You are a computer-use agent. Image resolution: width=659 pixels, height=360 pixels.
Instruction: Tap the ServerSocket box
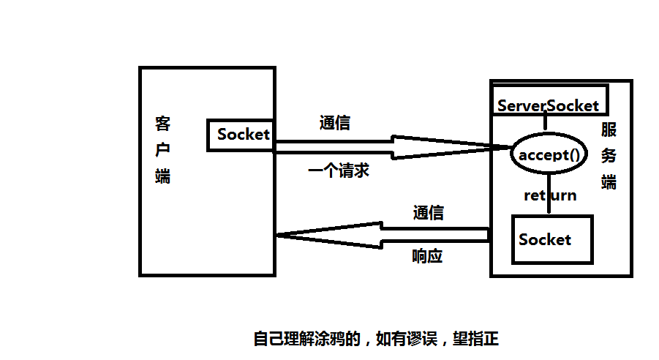point(549,105)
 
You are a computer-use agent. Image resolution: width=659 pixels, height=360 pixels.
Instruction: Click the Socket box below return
point(552,239)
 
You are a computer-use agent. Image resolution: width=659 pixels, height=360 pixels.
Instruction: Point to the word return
point(550,195)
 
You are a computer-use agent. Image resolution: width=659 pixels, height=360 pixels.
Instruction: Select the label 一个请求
point(339,171)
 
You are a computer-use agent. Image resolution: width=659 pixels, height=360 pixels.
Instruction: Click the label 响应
point(428,257)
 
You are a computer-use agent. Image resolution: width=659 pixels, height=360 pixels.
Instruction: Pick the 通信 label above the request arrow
point(335,123)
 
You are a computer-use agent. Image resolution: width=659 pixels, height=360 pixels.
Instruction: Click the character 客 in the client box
point(163,122)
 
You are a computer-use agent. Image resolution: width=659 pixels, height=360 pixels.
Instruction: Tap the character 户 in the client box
point(163,149)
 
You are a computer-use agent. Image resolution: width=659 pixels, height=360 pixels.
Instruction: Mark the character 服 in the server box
point(609,130)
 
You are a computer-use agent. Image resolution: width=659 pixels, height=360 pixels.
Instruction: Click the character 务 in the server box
point(609,156)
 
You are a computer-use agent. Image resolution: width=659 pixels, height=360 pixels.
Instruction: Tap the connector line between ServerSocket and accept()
point(544,123)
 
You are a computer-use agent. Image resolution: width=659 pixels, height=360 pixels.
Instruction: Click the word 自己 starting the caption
point(268,339)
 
